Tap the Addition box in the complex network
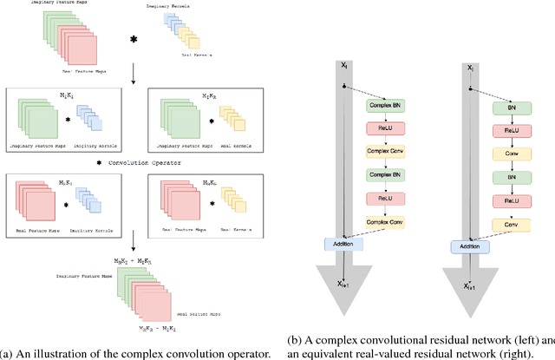pos(344,245)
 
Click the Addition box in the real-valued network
pos(471,246)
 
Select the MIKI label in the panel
pos(66,94)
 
